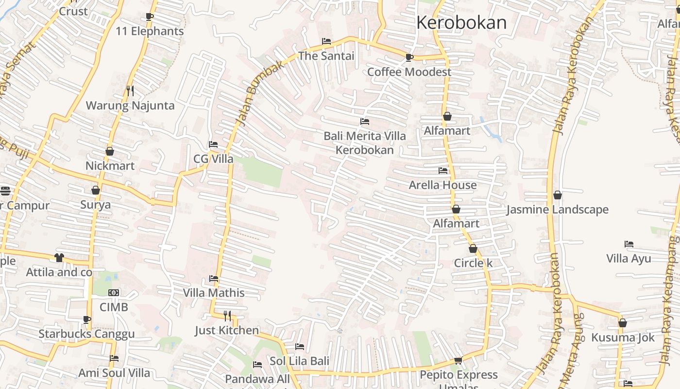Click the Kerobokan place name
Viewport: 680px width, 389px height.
(x=461, y=22)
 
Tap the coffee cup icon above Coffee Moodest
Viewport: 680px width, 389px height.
(x=409, y=58)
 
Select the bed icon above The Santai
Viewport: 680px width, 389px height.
(x=326, y=41)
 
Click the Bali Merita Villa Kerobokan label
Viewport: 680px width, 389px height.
(x=365, y=142)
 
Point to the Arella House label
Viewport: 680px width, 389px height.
(x=442, y=185)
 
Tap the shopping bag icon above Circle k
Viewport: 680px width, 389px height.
(x=473, y=249)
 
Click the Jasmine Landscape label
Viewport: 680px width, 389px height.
(x=557, y=210)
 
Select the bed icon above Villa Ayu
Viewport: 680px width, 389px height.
(x=629, y=244)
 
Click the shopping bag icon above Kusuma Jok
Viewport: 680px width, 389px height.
(x=623, y=323)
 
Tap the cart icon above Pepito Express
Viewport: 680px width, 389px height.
(x=458, y=360)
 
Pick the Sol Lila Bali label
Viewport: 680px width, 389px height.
(x=299, y=361)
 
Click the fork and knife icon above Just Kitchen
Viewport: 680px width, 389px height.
(x=227, y=316)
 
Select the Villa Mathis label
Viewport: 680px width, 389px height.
(x=214, y=293)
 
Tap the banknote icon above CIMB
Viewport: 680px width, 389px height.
(x=114, y=293)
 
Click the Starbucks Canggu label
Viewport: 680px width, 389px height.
(x=86, y=334)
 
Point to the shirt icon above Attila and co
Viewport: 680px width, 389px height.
(x=59, y=257)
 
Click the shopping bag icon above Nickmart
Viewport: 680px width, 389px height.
(x=110, y=152)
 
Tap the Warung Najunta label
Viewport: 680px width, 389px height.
(x=130, y=106)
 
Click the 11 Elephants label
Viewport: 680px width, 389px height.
(x=150, y=31)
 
